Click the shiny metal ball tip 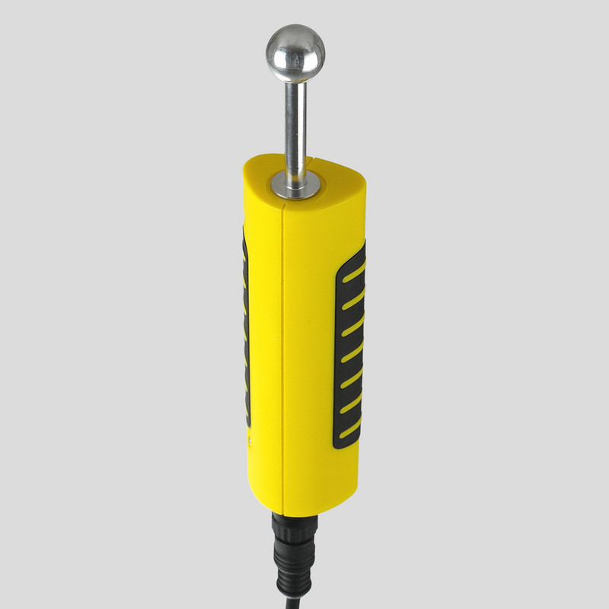[295, 53]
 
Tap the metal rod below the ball [295, 122]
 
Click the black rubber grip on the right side [349, 346]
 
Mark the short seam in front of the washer [283, 202]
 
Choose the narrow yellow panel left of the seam [264, 343]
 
